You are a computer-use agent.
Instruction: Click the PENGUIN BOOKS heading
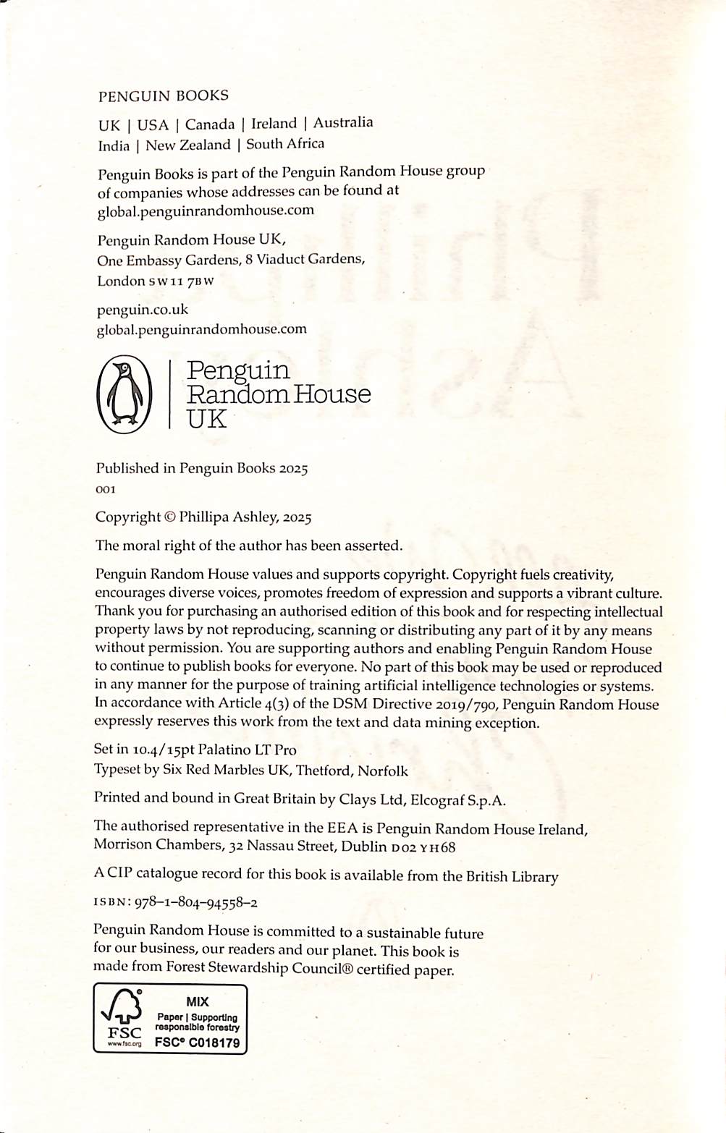point(163,96)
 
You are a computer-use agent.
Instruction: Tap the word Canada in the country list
point(210,124)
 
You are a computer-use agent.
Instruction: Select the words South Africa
point(285,144)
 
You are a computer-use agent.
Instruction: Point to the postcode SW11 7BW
point(181,281)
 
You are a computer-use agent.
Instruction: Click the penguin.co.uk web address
point(142,310)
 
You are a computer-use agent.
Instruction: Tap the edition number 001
point(105,489)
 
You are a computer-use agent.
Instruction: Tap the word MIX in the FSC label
point(197,1002)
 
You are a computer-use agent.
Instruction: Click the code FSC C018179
point(197,1043)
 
